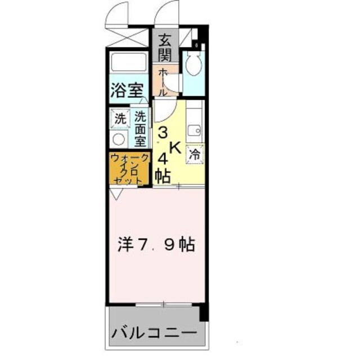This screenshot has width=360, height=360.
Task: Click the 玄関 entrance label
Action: pyautogui.click(x=164, y=47)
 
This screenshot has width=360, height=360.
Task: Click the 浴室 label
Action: pyautogui.click(x=128, y=90)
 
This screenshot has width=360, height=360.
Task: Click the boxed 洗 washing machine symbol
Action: pyautogui.click(x=119, y=119)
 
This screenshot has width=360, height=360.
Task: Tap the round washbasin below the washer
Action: pyautogui.click(x=119, y=138)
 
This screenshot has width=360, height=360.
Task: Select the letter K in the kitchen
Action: pyautogui.click(x=175, y=148)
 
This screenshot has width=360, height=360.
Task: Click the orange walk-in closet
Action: pyautogui.click(x=130, y=168)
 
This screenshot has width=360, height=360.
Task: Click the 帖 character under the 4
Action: pyautogui.click(x=163, y=176)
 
